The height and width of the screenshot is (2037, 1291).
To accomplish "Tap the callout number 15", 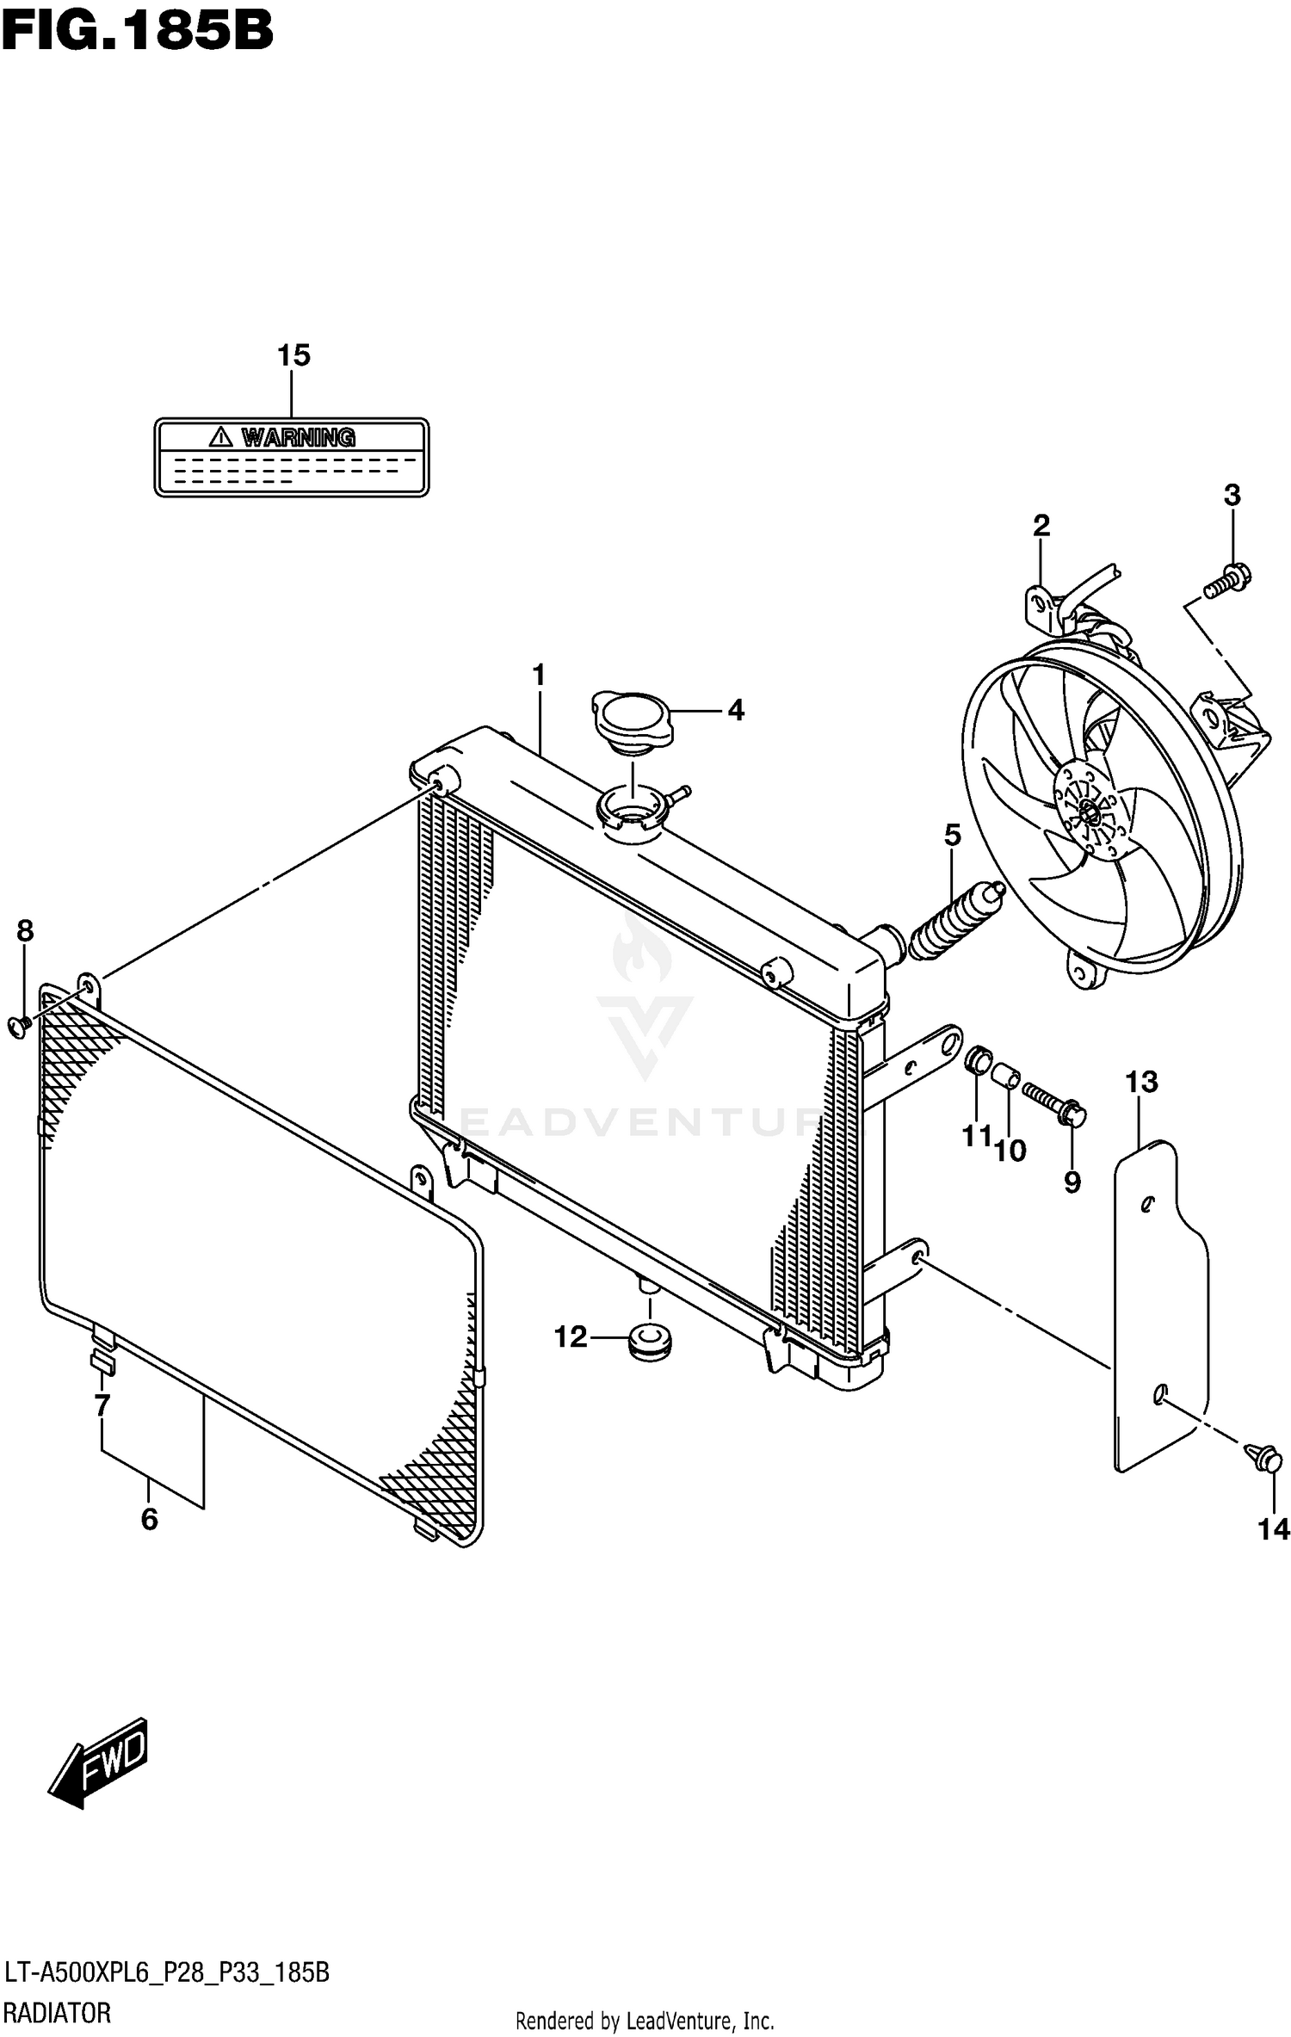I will [x=293, y=355].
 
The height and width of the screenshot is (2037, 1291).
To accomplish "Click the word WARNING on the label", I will [x=298, y=437].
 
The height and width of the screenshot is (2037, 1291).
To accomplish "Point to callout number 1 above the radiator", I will [x=540, y=676].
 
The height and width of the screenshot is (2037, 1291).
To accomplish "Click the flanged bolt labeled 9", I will [x=1056, y=1104].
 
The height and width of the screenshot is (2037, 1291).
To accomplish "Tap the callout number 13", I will [x=1141, y=1082].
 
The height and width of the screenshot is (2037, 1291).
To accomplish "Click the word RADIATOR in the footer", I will [x=57, y=2013].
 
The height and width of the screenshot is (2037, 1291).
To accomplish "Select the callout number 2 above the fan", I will [x=1041, y=525].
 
